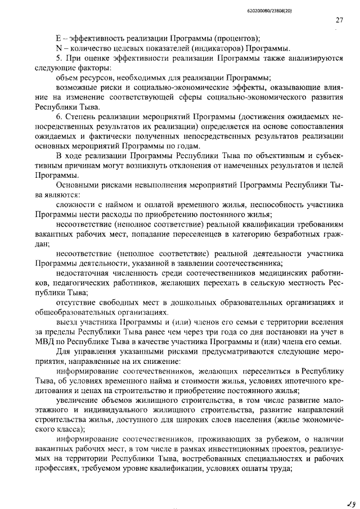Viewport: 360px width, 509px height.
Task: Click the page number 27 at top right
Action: tap(339, 20)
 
